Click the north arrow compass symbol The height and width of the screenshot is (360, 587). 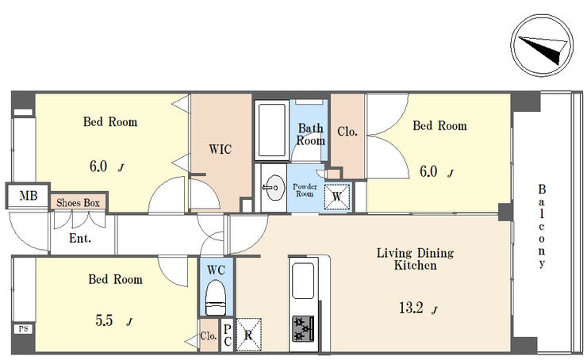pos(542,45)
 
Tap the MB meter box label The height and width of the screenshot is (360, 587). pos(29,195)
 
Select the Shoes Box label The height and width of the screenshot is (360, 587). pos(78,203)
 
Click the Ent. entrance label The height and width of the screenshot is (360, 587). pos(80,238)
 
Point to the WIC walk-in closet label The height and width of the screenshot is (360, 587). pos(221,149)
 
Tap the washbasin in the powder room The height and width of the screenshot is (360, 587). pos(274,187)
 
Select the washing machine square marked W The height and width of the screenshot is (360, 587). pos(337,196)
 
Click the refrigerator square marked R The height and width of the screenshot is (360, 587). pos(248,335)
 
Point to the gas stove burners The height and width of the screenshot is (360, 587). pos(303,328)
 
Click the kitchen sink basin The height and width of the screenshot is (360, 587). pos(302,281)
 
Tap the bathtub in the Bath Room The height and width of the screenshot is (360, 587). pos(272,130)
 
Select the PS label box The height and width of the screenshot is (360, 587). pos(23,329)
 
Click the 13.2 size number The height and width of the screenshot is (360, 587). pos(411,308)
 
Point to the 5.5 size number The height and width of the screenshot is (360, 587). pos(104,320)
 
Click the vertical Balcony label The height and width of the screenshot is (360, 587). pos(542,227)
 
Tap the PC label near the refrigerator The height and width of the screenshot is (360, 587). pos(227,335)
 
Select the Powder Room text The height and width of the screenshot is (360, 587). pos(305,190)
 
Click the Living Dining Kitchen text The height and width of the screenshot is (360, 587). pos(415,259)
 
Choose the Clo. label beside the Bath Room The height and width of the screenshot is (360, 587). pos(347,132)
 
